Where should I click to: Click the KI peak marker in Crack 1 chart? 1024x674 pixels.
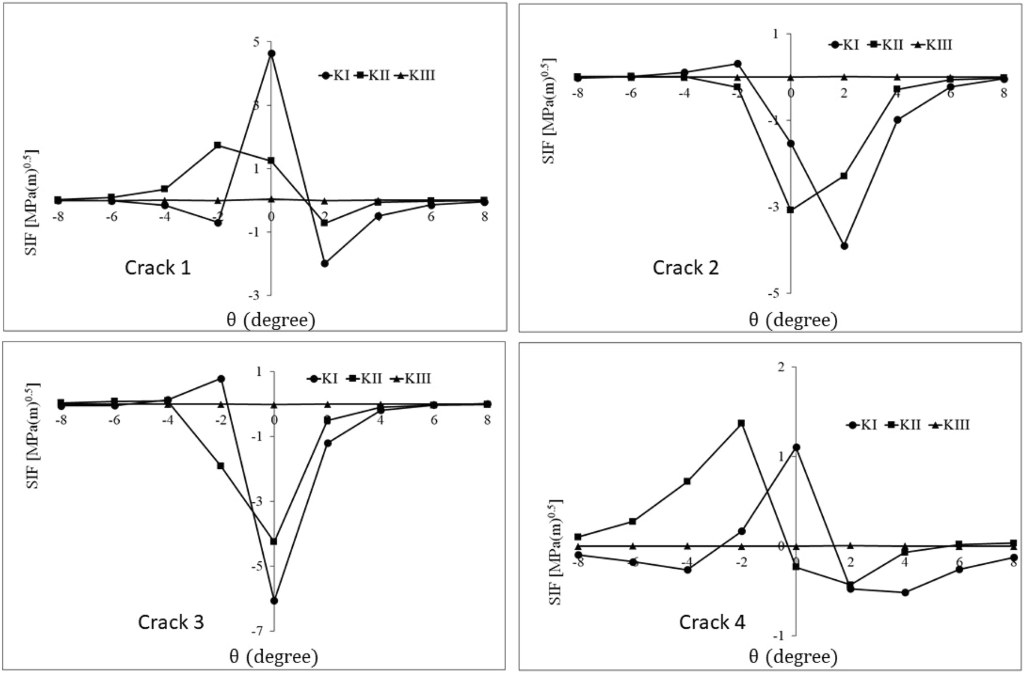pyautogui.click(x=271, y=53)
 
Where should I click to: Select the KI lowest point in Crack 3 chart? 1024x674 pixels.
pyautogui.click(x=274, y=601)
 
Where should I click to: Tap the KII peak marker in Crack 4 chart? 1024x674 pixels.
pyautogui.click(x=741, y=423)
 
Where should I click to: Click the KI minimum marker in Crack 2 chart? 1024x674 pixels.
pyautogui.click(x=844, y=246)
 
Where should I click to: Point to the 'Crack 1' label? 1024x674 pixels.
pyautogui.click(x=157, y=268)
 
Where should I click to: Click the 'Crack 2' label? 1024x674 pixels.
pyautogui.click(x=686, y=268)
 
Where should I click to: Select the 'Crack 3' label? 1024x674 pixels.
pyautogui.click(x=171, y=622)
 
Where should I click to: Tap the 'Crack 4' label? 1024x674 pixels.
pyautogui.click(x=712, y=622)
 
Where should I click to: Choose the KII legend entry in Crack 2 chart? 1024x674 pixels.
pyautogui.click(x=886, y=45)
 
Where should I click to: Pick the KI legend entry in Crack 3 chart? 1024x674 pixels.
pyautogui.click(x=323, y=379)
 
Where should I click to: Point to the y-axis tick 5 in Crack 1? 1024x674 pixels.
pyautogui.click(x=256, y=42)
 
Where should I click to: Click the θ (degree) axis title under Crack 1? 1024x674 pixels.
pyautogui.click(x=271, y=320)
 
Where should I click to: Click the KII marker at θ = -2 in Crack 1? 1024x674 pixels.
pyautogui.click(x=218, y=145)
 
